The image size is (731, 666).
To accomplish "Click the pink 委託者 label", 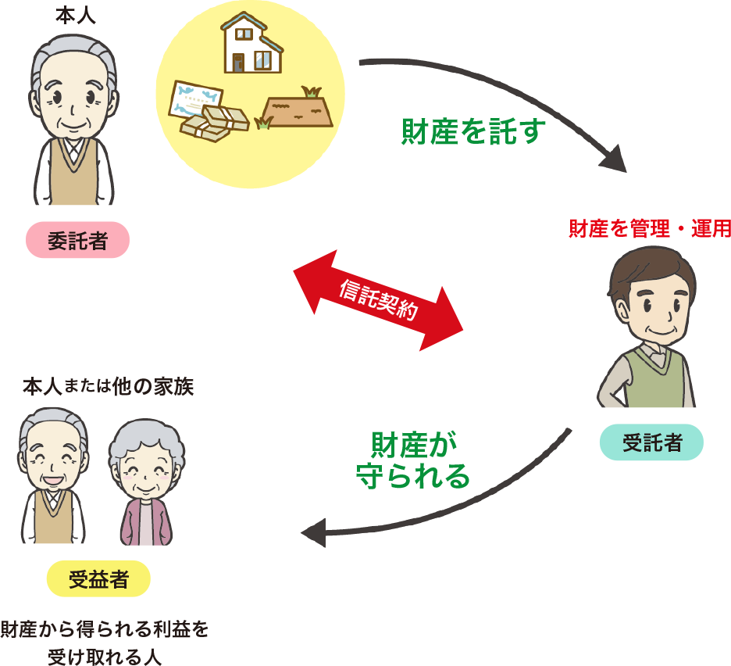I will tap(77, 241).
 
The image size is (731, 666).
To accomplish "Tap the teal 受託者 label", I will tap(651, 442).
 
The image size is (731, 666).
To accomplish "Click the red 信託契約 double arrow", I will tap(378, 301).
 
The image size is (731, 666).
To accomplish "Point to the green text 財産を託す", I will tap(472, 131).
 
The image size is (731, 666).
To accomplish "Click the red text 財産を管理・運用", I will tap(648, 228).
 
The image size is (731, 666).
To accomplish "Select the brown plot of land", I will tap(298, 109).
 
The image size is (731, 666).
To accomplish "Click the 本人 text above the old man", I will tap(74, 16).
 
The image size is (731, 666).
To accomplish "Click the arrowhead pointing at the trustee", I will tap(614, 161).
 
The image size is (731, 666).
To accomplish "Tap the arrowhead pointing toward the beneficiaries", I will tap(313, 534).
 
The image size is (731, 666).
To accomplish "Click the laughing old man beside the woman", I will tap(53, 477).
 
